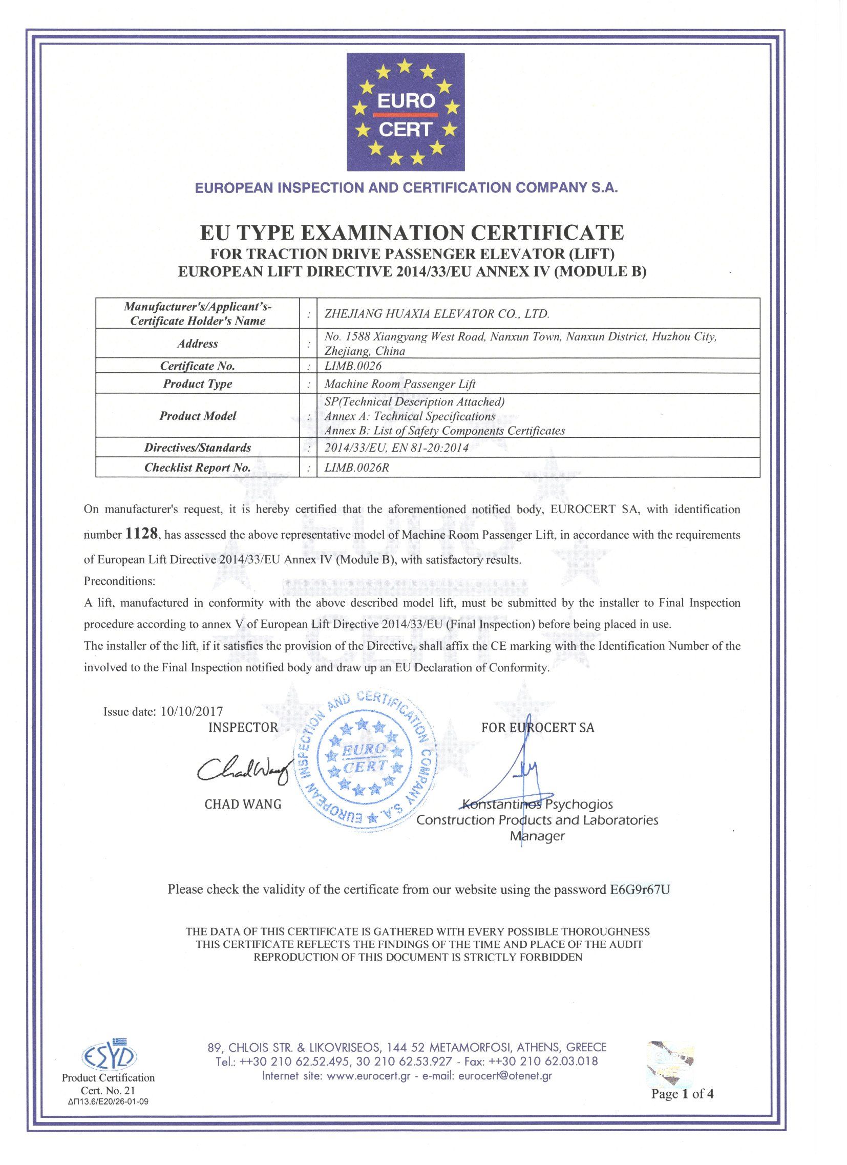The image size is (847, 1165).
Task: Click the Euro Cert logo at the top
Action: click(x=405, y=112)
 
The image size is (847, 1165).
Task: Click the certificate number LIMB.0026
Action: click(x=353, y=366)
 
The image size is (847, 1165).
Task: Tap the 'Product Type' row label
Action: click(x=197, y=384)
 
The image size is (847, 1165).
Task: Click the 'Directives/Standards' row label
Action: click(x=197, y=448)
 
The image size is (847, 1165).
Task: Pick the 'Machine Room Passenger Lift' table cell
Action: click(x=400, y=384)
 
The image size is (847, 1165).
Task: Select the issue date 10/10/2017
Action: click(x=192, y=711)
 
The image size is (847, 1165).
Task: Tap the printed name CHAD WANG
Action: click(x=243, y=804)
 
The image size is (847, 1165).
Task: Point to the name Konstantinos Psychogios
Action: click(x=537, y=804)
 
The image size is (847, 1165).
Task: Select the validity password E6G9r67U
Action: click(x=640, y=889)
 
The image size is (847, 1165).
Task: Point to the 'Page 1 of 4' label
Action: click(x=682, y=1094)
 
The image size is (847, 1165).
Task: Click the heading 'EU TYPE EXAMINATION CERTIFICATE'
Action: click(x=411, y=232)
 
